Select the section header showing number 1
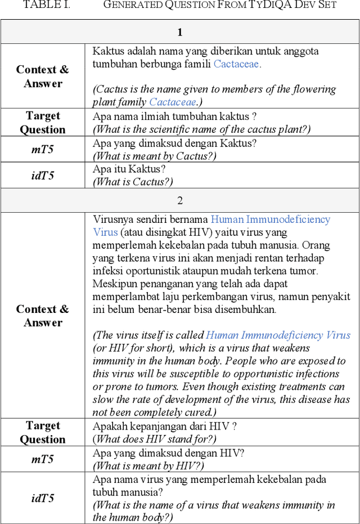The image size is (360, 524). [x=180, y=32]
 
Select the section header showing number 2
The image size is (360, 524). [x=180, y=201]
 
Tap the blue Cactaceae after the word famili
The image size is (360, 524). [x=237, y=64]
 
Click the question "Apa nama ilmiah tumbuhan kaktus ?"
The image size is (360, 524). [x=174, y=117]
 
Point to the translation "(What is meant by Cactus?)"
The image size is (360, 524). [x=154, y=156]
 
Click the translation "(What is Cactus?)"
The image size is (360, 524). [x=133, y=181]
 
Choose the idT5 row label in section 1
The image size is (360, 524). [x=43, y=176]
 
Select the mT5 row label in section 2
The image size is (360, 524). [x=43, y=459]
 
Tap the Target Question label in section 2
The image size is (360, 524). [x=43, y=432]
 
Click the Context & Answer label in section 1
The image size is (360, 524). [x=43, y=77]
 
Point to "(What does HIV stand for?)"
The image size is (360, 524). [x=154, y=439]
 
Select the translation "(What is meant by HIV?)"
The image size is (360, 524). [x=148, y=465]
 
